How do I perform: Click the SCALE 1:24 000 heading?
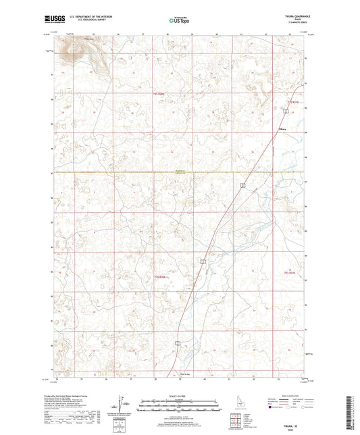click(x=179, y=395)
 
